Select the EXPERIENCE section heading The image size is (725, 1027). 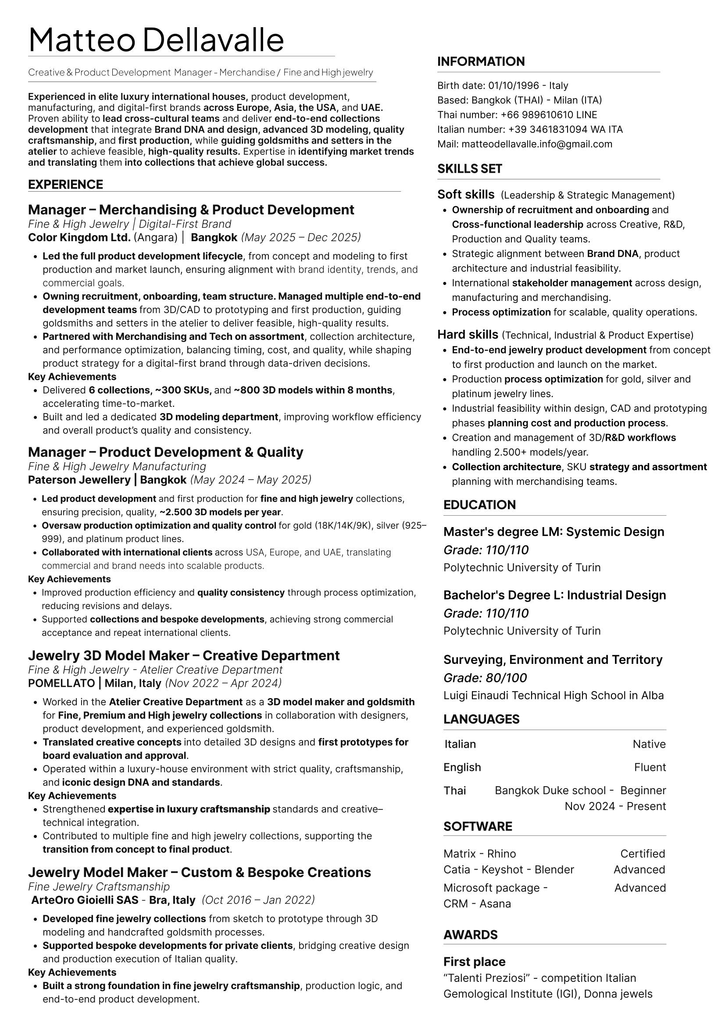[x=65, y=184]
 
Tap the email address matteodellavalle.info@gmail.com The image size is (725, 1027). [x=537, y=144]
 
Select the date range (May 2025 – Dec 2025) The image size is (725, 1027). [x=300, y=237]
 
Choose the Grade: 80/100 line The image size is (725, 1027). [x=485, y=678]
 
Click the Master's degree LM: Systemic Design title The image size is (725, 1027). [x=554, y=531]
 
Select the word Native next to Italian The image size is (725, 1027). [x=649, y=744]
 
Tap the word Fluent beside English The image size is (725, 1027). [x=650, y=767]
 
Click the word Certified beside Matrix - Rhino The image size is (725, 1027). [x=643, y=853]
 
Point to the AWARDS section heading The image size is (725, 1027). [x=470, y=934]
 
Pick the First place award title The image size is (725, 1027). [x=474, y=962]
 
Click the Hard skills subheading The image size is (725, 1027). [x=468, y=335]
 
